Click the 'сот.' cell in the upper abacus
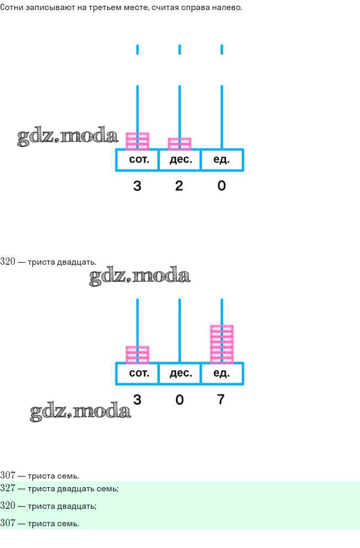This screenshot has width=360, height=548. pyautogui.click(x=137, y=160)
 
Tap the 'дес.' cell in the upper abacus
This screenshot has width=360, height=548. pyautogui.click(x=179, y=160)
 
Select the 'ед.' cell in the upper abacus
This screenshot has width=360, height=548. pyautogui.click(x=222, y=160)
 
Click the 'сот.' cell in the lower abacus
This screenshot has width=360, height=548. pyautogui.click(x=137, y=374)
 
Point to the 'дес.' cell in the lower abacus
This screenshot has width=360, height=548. pyautogui.click(x=179, y=374)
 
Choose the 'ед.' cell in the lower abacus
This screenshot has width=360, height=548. pyautogui.click(x=222, y=374)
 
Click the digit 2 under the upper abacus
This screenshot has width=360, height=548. pyautogui.click(x=179, y=186)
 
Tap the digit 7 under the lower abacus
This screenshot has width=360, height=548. pyautogui.click(x=221, y=399)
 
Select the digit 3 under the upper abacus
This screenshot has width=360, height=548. pyautogui.click(x=137, y=186)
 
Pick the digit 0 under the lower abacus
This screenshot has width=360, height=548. pyautogui.click(x=179, y=399)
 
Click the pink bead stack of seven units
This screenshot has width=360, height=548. pyautogui.click(x=222, y=344)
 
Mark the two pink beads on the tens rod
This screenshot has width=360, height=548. pyautogui.click(x=179, y=143)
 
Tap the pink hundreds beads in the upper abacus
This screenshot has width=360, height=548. pyautogui.click(x=137, y=141)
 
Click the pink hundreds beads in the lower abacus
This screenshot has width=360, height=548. pyautogui.click(x=137, y=355)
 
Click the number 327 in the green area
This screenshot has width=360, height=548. pyautogui.click(x=8, y=489)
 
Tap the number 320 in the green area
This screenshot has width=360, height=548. pyautogui.click(x=8, y=506)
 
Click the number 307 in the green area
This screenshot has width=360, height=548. pyautogui.click(x=8, y=523)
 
